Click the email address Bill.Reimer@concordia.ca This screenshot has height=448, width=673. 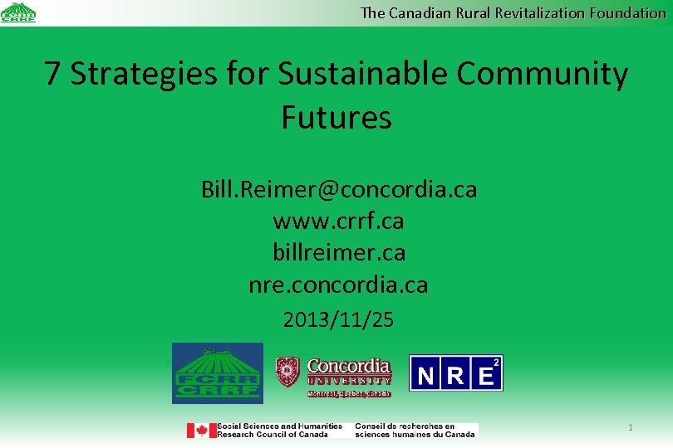click(x=339, y=189)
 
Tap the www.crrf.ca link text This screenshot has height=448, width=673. click(x=338, y=222)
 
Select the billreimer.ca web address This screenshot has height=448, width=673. click(x=338, y=253)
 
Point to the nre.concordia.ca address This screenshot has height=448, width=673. click(x=338, y=285)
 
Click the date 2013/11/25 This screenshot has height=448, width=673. click(x=338, y=319)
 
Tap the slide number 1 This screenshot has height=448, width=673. click(x=631, y=427)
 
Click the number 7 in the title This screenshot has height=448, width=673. click(x=52, y=74)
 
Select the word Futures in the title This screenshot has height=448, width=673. click(x=336, y=117)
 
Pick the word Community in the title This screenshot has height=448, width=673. click(x=542, y=74)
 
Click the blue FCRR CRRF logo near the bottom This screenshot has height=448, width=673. click(x=217, y=373)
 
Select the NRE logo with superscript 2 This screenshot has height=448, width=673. click(x=455, y=373)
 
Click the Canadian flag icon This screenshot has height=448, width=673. click(x=201, y=431)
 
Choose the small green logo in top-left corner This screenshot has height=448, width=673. click(x=18, y=12)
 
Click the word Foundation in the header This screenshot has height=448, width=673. click(x=628, y=12)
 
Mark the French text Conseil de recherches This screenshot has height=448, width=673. click(x=405, y=426)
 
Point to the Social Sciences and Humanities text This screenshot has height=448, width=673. click(x=279, y=426)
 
